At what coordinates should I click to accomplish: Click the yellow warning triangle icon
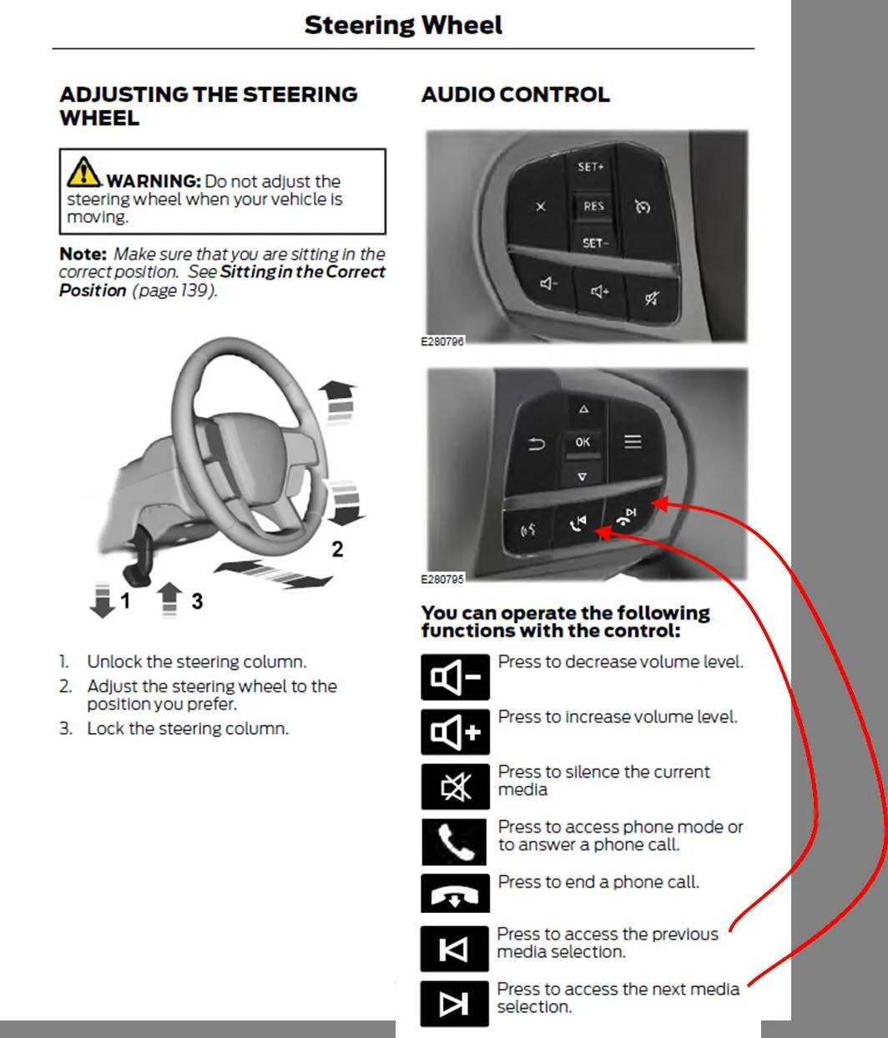pos(83,171)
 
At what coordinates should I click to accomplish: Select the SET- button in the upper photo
pos(595,243)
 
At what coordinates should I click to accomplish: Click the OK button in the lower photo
pos(583,442)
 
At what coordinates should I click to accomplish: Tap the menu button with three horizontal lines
pos(633,442)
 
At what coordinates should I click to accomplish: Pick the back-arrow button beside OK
pos(536,444)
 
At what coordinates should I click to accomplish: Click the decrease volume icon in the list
pos(456,677)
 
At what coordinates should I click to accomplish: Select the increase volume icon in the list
pos(456,732)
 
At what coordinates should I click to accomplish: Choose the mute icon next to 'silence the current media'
pos(456,787)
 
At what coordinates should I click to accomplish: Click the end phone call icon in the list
pos(456,894)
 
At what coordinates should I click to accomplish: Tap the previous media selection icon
pos(455,949)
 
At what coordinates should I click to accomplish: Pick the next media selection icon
pos(455,1004)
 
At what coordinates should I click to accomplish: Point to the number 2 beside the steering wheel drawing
pos(337,549)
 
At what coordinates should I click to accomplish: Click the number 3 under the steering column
pos(197,601)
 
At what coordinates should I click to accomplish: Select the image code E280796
pos(442,342)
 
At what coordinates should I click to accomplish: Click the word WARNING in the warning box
pos(154,180)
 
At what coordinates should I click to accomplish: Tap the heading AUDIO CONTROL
pos(516,95)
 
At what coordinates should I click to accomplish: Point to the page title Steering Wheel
pos(403,25)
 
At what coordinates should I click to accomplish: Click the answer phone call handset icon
pos(454,842)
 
